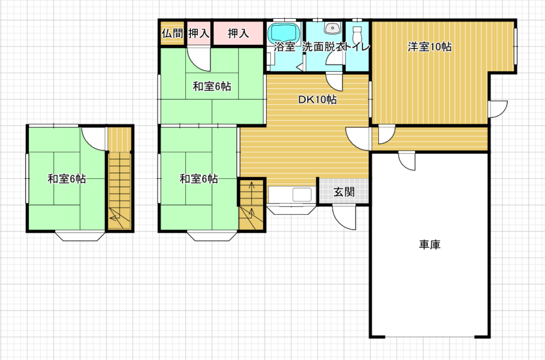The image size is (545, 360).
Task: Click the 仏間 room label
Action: tap(172, 34)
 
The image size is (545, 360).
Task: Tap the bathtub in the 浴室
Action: tap(284, 32)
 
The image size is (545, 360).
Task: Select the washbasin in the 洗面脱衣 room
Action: tap(333, 28)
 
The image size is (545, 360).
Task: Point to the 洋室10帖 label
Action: tap(430, 47)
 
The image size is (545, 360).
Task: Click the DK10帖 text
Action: tap(317, 100)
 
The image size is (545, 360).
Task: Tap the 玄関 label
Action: tap(344, 192)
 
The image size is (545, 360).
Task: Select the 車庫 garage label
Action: tap(430, 244)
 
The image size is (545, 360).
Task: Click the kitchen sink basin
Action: tap(302, 195)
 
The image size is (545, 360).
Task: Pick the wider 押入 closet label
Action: tap(238, 34)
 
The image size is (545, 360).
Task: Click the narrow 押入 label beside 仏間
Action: tap(199, 34)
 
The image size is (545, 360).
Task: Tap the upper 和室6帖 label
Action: tap(212, 86)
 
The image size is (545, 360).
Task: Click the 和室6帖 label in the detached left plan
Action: tap(67, 179)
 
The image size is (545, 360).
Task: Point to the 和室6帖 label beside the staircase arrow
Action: tap(199, 179)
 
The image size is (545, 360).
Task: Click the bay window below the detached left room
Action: tap(80, 236)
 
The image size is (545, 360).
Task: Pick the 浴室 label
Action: tap(285, 47)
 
